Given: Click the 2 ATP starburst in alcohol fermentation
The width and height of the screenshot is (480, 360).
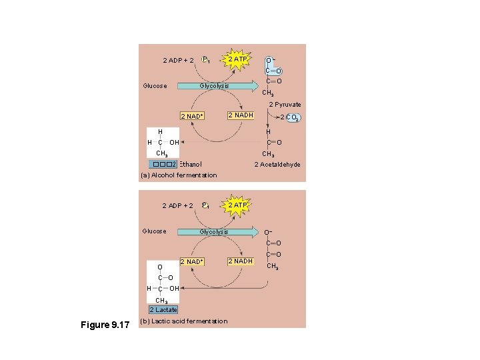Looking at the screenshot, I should (x=237, y=60).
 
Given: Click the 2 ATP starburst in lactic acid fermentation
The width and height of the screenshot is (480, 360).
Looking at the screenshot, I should (x=237, y=205).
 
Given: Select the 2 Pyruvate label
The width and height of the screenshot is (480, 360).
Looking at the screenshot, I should (x=285, y=105).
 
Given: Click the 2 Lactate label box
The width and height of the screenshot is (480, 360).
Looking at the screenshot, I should (x=163, y=310).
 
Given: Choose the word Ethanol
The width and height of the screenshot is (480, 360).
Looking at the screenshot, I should (x=191, y=165).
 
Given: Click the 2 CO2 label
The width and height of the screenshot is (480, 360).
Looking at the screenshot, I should (x=290, y=118).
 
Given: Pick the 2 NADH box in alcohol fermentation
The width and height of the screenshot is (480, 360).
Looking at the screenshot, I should (x=240, y=116).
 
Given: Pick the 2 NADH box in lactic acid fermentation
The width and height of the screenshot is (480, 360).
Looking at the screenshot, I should (x=240, y=261).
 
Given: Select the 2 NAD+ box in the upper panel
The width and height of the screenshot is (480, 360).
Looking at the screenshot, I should (x=191, y=117).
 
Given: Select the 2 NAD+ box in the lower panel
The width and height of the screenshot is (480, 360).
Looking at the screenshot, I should (x=191, y=262).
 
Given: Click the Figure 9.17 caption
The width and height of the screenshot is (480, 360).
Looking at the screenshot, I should (x=105, y=325).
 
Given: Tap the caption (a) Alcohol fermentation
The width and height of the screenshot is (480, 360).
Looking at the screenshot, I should (x=179, y=175).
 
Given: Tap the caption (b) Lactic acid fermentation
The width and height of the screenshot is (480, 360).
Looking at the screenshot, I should (x=184, y=321).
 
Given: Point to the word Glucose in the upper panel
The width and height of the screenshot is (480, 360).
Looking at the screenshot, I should (x=155, y=86).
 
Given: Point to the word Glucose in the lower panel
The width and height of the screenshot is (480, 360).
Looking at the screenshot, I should (x=155, y=231).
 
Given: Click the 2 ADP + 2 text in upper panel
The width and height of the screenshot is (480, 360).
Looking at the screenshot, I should (x=179, y=61).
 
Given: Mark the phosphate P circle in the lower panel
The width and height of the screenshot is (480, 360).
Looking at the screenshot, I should (x=206, y=205).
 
